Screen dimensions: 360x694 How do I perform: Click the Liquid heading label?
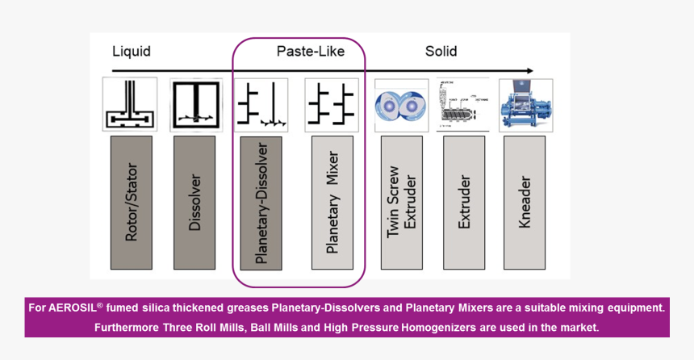pos(131,52)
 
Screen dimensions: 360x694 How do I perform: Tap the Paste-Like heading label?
pos(310,52)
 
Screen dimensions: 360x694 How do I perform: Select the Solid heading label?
pos(441,52)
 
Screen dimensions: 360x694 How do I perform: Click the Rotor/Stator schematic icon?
pos(130,104)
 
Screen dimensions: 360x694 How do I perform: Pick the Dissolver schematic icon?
pos(195,104)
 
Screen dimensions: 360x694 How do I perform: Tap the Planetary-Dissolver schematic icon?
pos(261,104)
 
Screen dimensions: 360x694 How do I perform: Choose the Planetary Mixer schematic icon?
pos(332,104)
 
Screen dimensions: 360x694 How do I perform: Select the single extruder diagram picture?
pos(463,105)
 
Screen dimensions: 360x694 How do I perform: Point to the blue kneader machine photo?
pos(525,105)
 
